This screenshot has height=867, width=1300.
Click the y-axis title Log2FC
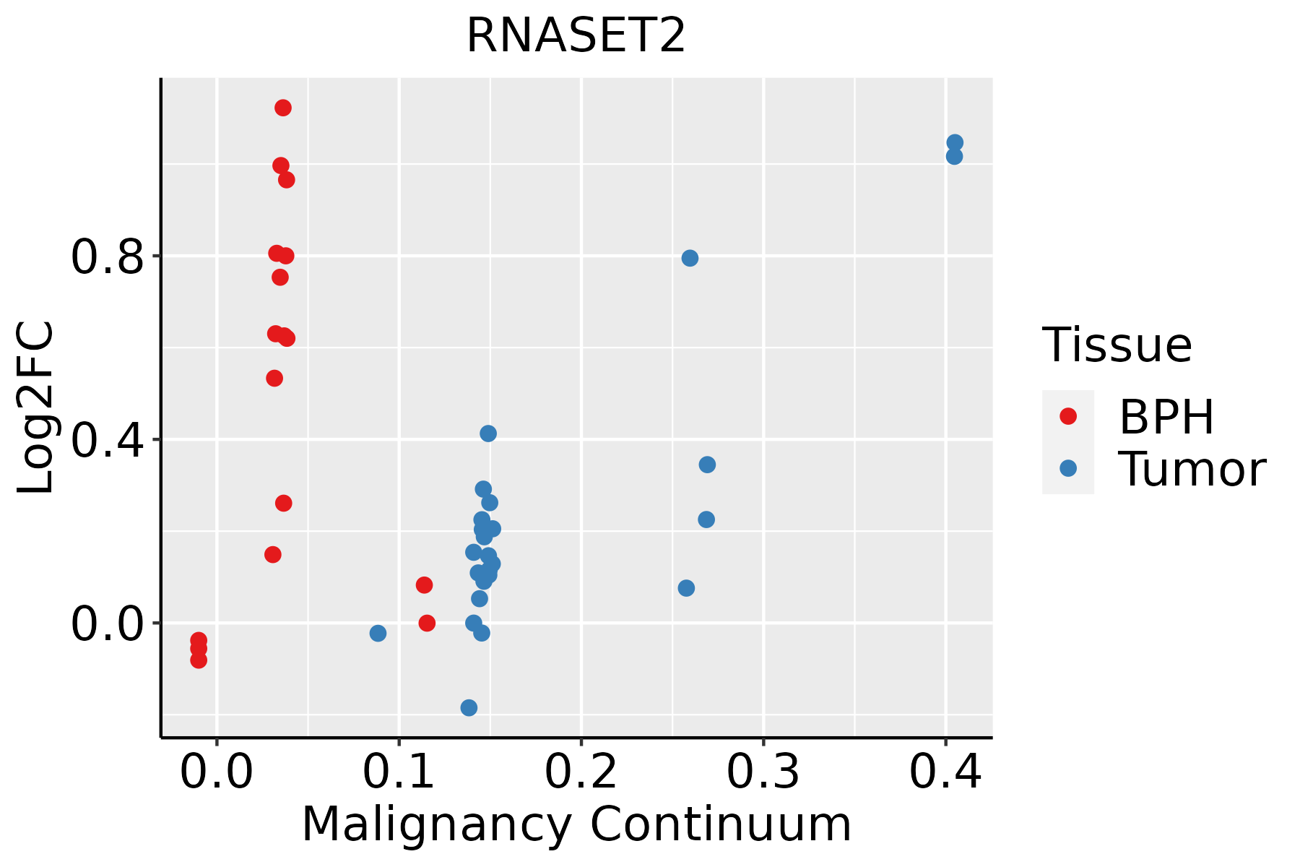[x=36, y=408]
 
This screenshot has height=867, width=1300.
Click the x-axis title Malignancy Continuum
[x=576, y=824]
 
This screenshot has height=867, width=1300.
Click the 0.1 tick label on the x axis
[x=399, y=772]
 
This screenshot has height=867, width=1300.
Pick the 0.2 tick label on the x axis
[x=581, y=772]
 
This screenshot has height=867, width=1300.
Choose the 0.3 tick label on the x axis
[x=763, y=772]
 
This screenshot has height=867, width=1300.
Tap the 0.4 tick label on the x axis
[x=945, y=772]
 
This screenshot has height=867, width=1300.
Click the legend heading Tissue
[x=1117, y=345]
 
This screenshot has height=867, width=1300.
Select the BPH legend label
[x=1166, y=417]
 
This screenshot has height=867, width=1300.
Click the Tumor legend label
[x=1192, y=470]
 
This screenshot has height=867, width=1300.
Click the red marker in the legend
[x=1067, y=416]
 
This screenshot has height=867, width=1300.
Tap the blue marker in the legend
[x=1067, y=468]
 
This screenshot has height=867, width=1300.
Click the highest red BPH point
[x=283, y=108]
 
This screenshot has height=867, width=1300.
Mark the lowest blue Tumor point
[x=469, y=707]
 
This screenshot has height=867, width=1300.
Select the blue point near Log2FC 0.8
[x=690, y=258]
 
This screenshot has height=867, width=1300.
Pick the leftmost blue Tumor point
[x=378, y=633]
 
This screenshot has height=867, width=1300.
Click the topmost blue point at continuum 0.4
[x=955, y=142]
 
